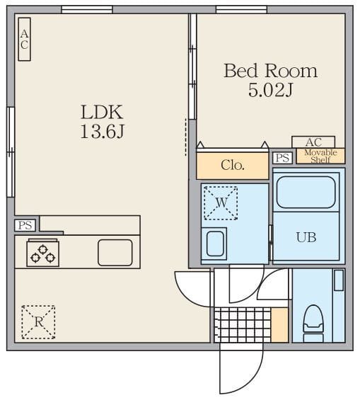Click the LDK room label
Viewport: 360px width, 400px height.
(x=102, y=112)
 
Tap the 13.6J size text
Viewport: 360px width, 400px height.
(x=102, y=131)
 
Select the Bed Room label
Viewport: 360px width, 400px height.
(x=271, y=71)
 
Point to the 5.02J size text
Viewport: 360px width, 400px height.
(x=271, y=90)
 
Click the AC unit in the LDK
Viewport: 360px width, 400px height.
(x=25, y=39)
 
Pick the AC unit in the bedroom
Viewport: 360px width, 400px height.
(x=313, y=142)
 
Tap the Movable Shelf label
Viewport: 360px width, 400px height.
(x=320, y=156)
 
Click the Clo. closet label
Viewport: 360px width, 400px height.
(x=233, y=165)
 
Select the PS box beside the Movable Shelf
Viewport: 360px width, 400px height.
(x=282, y=158)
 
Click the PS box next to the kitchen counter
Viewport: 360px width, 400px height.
(x=25, y=226)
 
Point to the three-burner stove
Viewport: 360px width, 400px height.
(x=43, y=253)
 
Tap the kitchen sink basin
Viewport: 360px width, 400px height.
(x=115, y=253)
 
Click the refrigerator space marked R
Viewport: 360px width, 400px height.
(x=38, y=322)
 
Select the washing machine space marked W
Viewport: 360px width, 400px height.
(x=221, y=202)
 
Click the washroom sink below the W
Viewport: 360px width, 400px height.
(x=215, y=244)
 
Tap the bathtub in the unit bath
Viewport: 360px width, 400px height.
(x=306, y=193)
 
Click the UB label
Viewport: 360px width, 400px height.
(x=306, y=237)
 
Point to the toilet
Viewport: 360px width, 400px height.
(x=313, y=324)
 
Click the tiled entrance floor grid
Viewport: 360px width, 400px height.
(x=243, y=325)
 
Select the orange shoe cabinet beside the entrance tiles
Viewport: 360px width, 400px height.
(x=279, y=325)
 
